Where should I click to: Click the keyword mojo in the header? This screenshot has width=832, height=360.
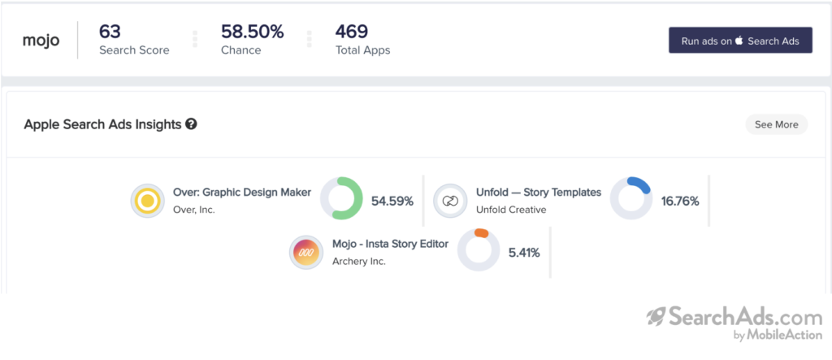pyautogui.click(x=41, y=41)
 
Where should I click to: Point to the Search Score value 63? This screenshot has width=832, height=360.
pyautogui.click(x=110, y=32)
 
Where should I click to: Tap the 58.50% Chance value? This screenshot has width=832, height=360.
pyautogui.click(x=253, y=32)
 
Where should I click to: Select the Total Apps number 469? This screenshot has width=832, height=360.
pyautogui.click(x=352, y=32)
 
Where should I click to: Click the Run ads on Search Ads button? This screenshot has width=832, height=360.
pyautogui.click(x=740, y=41)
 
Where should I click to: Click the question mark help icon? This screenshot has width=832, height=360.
pyautogui.click(x=191, y=124)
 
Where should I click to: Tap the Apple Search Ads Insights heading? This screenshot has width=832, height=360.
pyautogui.click(x=102, y=124)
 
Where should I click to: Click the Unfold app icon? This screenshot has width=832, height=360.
pyautogui.click(x=449, y=200)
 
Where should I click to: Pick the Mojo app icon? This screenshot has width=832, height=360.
pyautogui.click(x=306, y=252)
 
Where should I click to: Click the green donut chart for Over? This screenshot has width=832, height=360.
pyautogui.click(x=341, y=199)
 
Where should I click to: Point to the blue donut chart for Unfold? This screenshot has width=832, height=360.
pyautogui.click(x=631, y=199)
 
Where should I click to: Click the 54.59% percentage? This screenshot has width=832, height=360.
pyautogui.click(x=392, y=201)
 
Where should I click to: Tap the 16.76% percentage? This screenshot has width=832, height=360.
pyautogui.click(x=680, y=201)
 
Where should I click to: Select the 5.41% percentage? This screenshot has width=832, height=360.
pyautogui.click(x=524, y=253)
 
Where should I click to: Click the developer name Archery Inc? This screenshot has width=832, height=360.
pyautogui.click(x=359, y=262)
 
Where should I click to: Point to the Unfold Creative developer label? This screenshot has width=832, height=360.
pyautogui.click(x=511, y=210)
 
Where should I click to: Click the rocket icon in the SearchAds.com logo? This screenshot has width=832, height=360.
pyautogui.click(x=656, y=317)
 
